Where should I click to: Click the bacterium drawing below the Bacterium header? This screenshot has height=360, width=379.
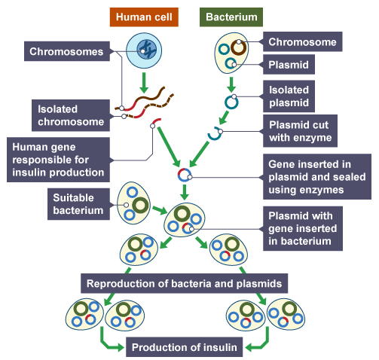pyautogui.click(x=231, y=51)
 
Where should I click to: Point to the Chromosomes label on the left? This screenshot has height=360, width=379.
pyautogui.click(x=67, y=52)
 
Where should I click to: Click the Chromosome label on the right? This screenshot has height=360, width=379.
pyautogui.click(x=301, y=42)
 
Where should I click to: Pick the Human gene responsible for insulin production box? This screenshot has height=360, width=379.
pyautogui.click(x=57, y=159)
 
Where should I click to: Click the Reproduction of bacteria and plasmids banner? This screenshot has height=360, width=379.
pyautogui.click(x=184, y=284)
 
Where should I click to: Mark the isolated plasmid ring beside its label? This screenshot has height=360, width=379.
pyautogui.click(x=230, y=101)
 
